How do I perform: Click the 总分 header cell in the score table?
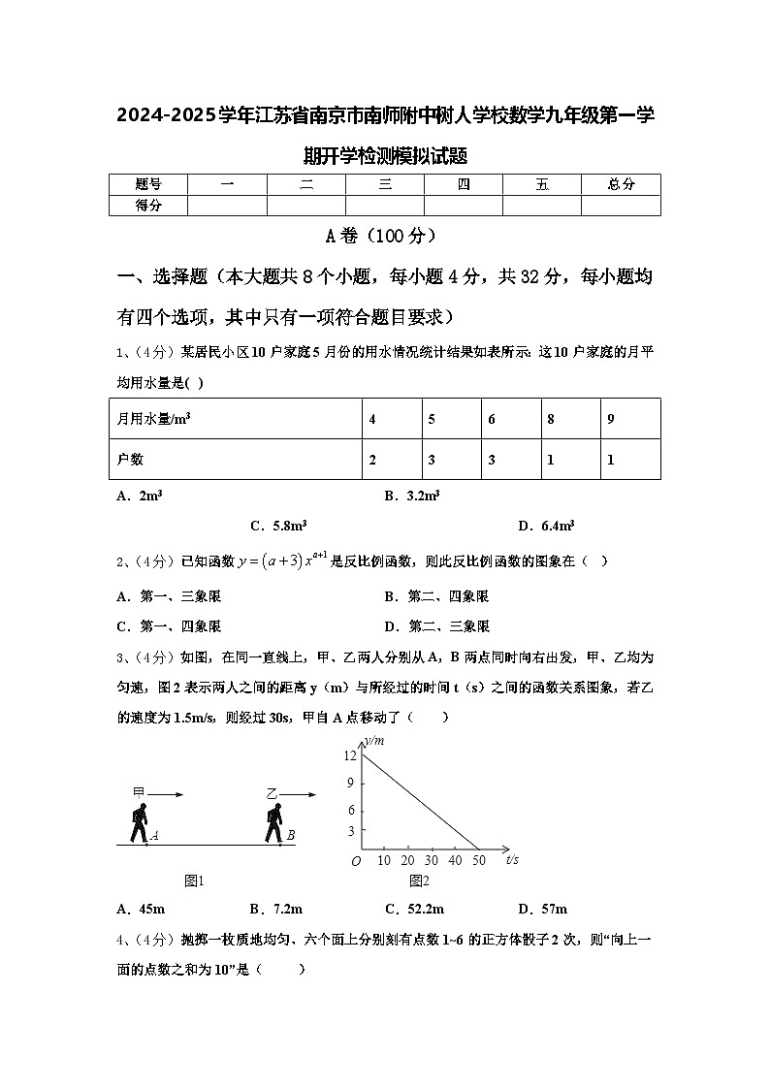(x=621, y=184)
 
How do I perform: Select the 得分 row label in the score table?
(x=147, y=205)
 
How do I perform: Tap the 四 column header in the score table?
(x=464, y=184)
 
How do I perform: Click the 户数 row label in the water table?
(x=130, y=460)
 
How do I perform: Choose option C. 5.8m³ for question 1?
(x=278, y=526)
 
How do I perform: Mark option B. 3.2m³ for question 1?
(x=412, y=496)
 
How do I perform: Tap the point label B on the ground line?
(x=291, y=835)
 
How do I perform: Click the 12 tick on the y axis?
(x=350, y=755)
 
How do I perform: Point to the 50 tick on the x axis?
(x=478, y=860)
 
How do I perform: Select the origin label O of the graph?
(x=356, y=861)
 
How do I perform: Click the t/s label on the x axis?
(x=511, y=859)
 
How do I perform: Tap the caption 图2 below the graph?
(x=419, y=881)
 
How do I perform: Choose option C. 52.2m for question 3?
(x=414, y=909)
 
